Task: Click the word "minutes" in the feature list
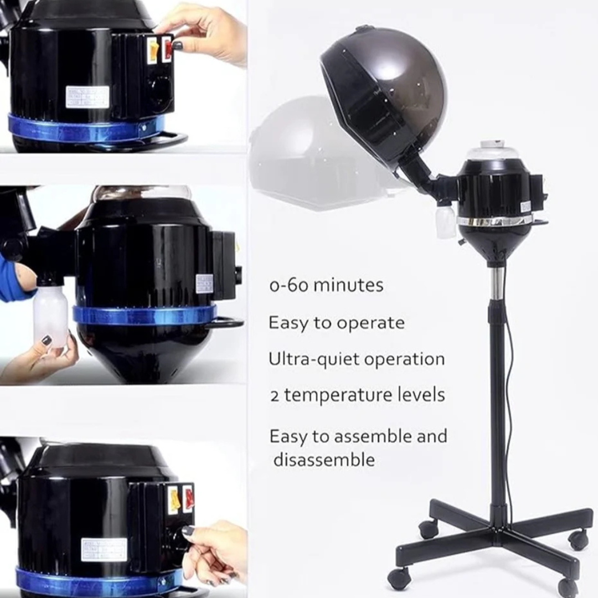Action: (x=348, y=286)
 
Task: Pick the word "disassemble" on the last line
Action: (x=324, y=460)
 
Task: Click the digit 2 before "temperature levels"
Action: (x=275, y=396)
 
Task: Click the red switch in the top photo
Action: (x=167, y=49)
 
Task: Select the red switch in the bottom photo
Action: (x=188, y=498)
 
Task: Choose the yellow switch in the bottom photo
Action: (x=174, y=500)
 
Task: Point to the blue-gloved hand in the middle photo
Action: (x=14, y=282)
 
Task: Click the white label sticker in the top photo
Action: (x=87, y=97)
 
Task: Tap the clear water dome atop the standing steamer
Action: (x=492, y=150)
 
